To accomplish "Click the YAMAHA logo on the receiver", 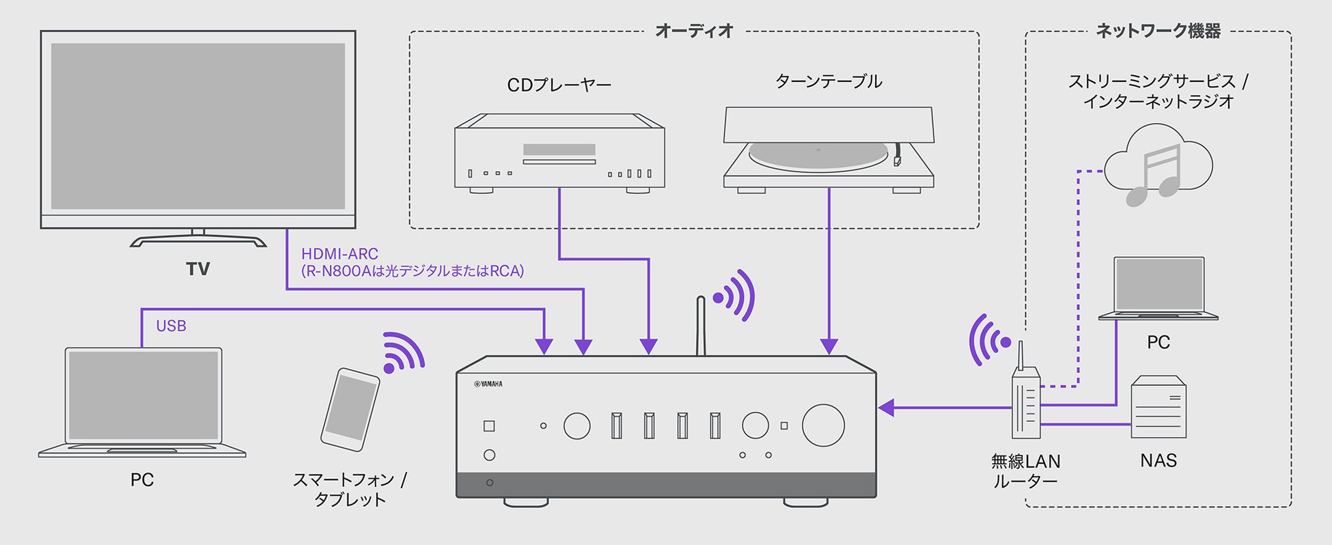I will coord(488,384).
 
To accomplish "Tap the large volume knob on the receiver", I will coord(823,425).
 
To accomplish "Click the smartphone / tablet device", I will coord(350,409).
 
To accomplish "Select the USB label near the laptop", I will coord(171,326).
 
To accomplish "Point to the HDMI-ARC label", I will coord(339,253).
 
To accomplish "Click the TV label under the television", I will coord(198,269).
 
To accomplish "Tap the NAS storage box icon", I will coord(1158,408).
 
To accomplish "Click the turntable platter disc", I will coord(818,156).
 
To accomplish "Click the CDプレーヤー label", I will coord(559,85).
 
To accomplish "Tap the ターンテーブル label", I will coord(829,82).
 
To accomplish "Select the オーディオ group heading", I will coord(694,31).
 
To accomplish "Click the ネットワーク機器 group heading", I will coord(1158,31).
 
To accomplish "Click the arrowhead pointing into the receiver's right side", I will coord(886,408).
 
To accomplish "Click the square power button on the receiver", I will coord(489,426).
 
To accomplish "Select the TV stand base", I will coord(198,241).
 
